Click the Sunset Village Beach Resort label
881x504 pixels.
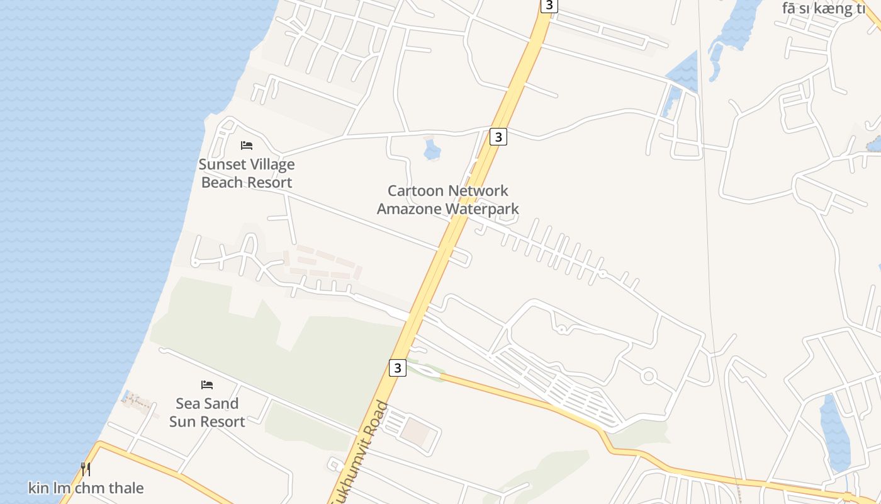click(247, 173)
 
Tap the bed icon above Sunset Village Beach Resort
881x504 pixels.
click(247, 146)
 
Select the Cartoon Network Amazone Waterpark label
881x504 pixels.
click(447, 199)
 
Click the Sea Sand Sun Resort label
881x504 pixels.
click(207, 412)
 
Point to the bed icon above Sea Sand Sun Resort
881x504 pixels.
click(207, 384)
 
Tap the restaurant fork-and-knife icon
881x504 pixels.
click(86, 469)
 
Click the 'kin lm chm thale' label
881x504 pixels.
click(86, 488)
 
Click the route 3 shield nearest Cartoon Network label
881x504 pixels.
click(498, 137)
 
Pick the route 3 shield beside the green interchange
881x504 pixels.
click(397, 367)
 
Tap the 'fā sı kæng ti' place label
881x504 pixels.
click(823, 8)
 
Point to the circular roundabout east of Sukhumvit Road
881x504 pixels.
click(648, 377)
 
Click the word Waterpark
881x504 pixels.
click(481, 209)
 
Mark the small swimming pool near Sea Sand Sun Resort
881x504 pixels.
click(130, 397)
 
